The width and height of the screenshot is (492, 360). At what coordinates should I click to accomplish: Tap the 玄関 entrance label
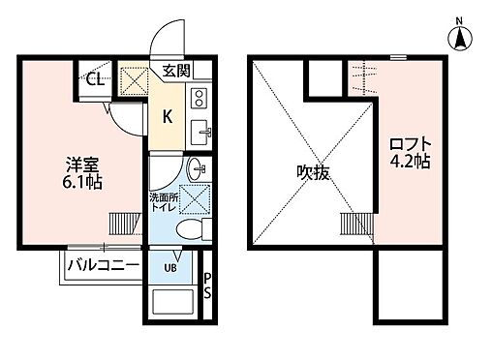(x=176, y=71)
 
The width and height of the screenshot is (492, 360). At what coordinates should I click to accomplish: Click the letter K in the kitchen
(x=167, y=117)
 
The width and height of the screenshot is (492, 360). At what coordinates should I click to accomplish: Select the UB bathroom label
(x=169, y=268)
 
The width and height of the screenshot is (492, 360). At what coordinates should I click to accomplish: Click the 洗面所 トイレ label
(x=162, y=203)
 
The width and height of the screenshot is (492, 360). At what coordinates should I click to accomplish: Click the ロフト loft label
(x=408, y=146)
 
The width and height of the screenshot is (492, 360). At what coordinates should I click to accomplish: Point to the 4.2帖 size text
(x=409, y=163)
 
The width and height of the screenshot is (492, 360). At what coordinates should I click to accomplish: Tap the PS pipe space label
(x=206, y=287)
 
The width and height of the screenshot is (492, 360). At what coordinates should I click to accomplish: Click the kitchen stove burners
(x=200, y=98)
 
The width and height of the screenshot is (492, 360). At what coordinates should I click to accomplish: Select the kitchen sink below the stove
(x=200, y=130)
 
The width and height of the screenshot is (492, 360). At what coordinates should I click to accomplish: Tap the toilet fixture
(x=191, y=229)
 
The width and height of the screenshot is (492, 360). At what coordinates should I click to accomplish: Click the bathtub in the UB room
(x=175, y=305)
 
